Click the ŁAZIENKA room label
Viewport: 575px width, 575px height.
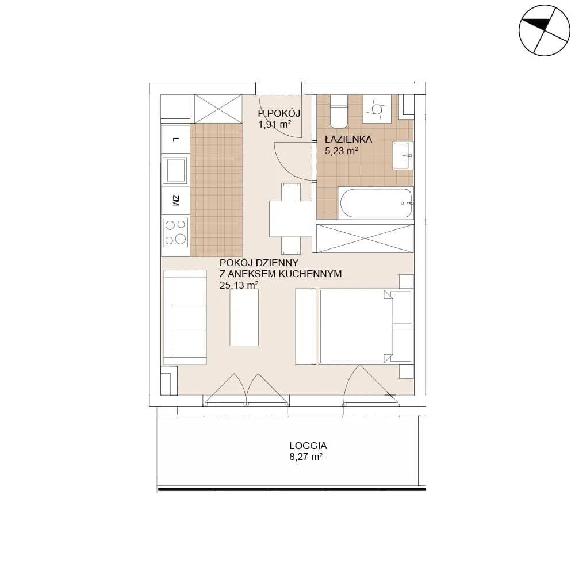pyautogui.click(x=348, y=139)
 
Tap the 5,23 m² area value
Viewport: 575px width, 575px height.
pyautogui.click(x=342, y=150)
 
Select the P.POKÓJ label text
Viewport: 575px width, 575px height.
pyautogui.click(x=279, y=113)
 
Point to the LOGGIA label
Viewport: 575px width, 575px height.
pyautogui.click(x=308, y=446)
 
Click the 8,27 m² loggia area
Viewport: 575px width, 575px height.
pyautogui.click(x=306, y=457)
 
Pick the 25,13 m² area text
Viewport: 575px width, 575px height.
pyautogui.click(x=239, y=285)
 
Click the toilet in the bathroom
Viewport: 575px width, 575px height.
pyautogui.click(x=339, y=110)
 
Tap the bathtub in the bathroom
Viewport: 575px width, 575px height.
pyautogui.click(x=376, y=204)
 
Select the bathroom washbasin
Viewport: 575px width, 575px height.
pyautogui.click(x=403, y=155)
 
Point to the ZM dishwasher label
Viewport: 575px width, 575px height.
pyautogui.click(x=175, y=201)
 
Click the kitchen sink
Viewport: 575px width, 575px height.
pyautogui.click(x=175, y=171)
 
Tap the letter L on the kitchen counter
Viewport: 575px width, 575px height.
pyautogui.click(x=176, y=139)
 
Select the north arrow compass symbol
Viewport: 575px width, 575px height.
pyautogui.click(x=544, y=30)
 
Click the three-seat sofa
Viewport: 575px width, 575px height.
pyautogui.click(x=185, y=317)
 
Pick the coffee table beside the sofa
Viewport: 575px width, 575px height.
pyautogui.click(x=244, y=317)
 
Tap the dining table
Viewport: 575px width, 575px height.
pyautogui.click(x=290, y=218)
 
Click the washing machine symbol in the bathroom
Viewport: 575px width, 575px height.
pyautogui.click(x=377, y=109)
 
